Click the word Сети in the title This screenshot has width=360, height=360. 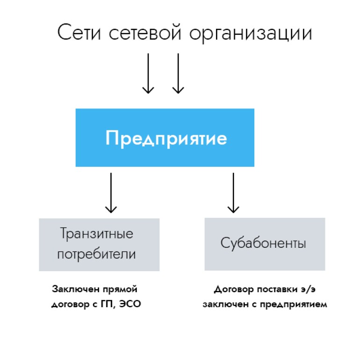point(79,32)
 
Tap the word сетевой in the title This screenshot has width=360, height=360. point(145,32)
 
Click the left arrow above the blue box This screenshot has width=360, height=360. point(148,73)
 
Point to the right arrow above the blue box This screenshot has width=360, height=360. point(178,73)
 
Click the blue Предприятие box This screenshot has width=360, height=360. point(165,137)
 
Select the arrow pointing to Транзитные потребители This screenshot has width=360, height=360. point(111,193)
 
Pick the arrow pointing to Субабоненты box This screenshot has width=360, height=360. point(233,193)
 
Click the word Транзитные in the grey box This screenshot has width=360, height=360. point(97,234)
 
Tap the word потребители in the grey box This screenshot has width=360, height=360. point(96,254)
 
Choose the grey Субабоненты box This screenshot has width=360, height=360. point(265,244)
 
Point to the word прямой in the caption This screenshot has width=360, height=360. point(120,289)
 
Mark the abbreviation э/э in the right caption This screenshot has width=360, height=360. point(308,289)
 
